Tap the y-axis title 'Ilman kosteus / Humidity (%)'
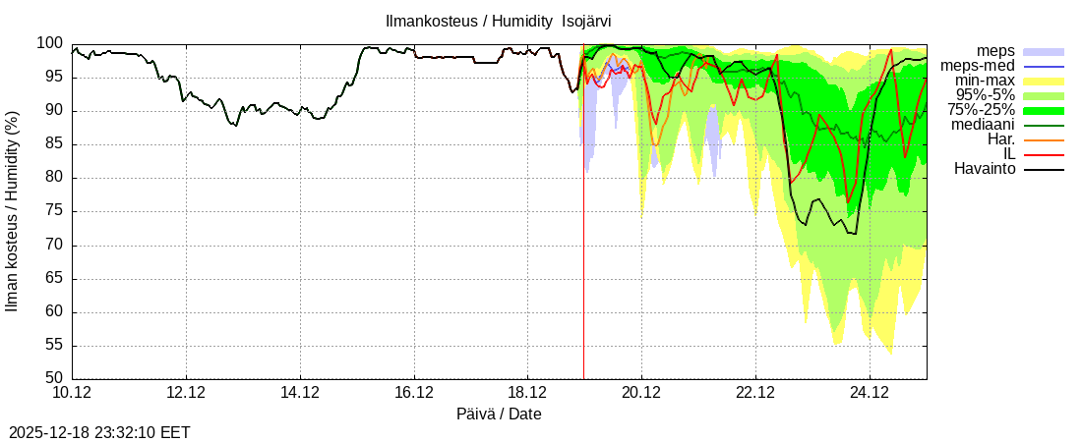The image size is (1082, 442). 13,211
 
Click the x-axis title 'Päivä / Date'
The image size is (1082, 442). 499,414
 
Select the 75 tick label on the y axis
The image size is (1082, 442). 53,211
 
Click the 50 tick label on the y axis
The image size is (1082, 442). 53,379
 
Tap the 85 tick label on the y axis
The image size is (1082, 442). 53,144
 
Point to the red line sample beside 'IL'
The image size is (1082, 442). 1044,154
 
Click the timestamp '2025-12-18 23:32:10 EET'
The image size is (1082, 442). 99,432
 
